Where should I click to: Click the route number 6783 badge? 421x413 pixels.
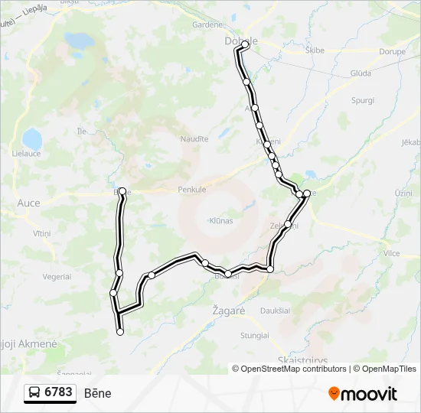[51, 392]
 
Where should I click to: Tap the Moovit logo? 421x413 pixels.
[363, 394]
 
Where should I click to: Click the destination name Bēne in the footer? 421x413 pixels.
[97, 393]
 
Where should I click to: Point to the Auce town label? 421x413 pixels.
[28, 203]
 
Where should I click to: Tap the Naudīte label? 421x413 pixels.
[194, 138]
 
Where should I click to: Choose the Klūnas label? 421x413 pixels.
[220, 221]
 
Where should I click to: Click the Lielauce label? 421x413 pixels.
[26, 154]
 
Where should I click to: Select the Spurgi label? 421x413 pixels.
[362, 100]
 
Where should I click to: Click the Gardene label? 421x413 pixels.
[207, 24]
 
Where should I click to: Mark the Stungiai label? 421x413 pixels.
[255, 335]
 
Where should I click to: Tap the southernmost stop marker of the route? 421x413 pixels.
[120, 332]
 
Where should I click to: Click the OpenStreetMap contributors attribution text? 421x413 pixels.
[291, 369]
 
